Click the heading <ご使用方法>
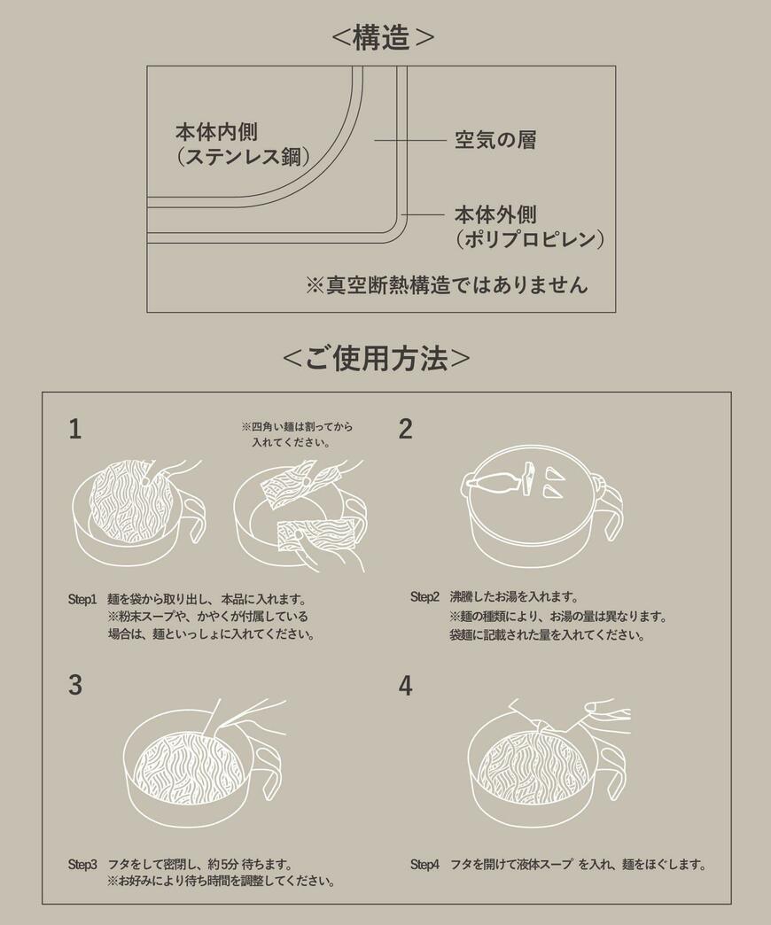(376, 358)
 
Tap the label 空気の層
(495, 140)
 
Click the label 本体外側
(495, 214)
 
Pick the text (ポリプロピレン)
(529, 239)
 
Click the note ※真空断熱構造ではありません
(447, 284)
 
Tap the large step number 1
(75, 430)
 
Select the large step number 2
(405, 430)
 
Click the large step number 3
(75, 685)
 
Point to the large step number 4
(405, 685)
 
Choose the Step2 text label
(424, 596)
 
